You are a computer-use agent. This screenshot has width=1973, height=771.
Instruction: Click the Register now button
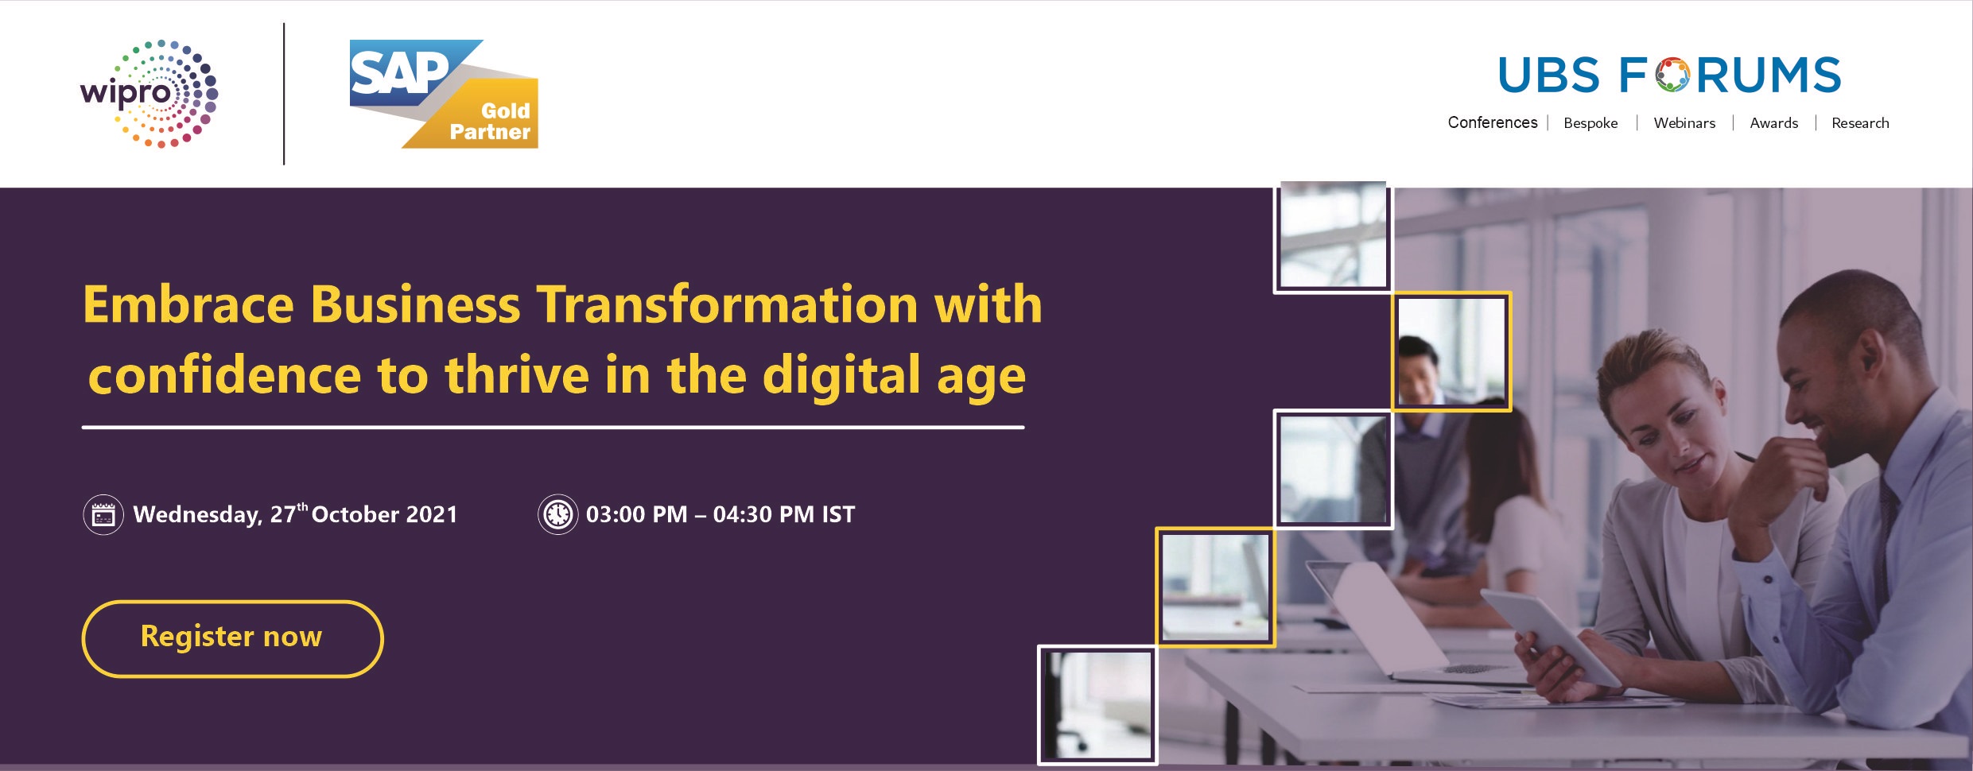pyautogui.click(x=232, y=638)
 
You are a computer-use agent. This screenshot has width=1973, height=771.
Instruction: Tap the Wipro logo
pyautogui.click(x=149, y=94)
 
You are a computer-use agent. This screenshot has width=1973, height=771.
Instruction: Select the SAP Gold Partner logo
pyautogui.click(x=444, y=94)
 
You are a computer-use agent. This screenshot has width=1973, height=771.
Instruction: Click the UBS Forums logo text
pyautogui.click(x=1669, y=76)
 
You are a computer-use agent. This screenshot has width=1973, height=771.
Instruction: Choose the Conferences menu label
pyautogui.click(x=1493, y=122)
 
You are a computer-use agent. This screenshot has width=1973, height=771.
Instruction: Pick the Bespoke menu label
pyautogui.click(x=1590, y=123)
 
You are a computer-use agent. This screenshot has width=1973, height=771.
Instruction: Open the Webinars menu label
pyautogui.click(x=1684, y=123)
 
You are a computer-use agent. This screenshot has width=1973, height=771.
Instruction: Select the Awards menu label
pyautogui.click(x=1773, y=123)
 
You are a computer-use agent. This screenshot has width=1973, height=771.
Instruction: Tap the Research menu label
pyautogui.click(x=1860, y=123)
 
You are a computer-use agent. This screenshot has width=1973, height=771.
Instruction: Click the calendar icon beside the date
pyautogui.click(x=103, y=515)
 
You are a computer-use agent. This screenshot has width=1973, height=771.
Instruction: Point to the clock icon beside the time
pyautogui.click(x=557, y=514)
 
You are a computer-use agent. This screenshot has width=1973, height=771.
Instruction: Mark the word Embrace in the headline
pyautogui.click(x=188, y=304)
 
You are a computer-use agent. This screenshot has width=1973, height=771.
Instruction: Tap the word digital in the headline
pyautogui.click(x=841, y=375)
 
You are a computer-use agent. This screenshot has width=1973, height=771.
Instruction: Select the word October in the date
pyautogui.click(x=355, y=514)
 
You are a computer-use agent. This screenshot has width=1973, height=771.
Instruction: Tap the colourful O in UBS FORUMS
pyautogui.click(x=1672, y=75)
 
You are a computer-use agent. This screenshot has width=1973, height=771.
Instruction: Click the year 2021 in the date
pyautogui.click(x=432, y=514)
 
